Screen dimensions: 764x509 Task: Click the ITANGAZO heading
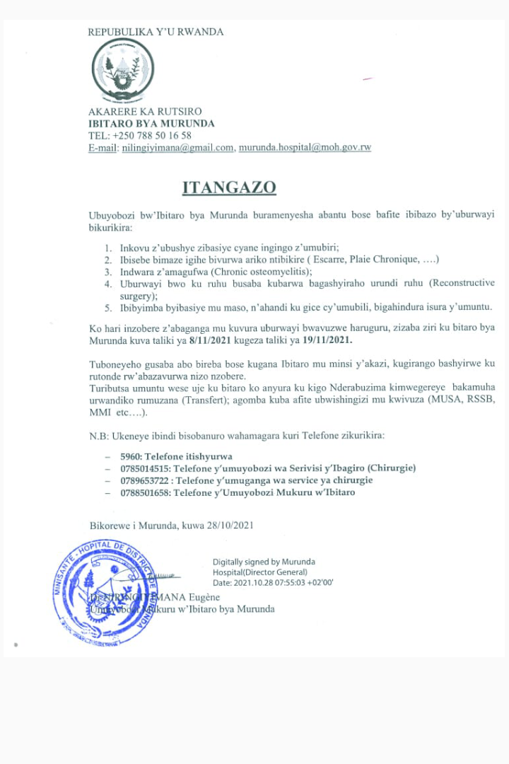[x=229, y=187]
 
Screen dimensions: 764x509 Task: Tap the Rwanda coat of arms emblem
[x=123, y=70]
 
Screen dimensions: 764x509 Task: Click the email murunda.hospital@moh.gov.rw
[x=305, y=147]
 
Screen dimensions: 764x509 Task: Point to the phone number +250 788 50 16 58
[x=150, y=135]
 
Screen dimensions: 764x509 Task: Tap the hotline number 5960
[x=130, y=456]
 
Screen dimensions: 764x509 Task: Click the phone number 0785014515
[x=144, y=468]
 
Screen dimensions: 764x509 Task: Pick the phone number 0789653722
[x=144, y=480]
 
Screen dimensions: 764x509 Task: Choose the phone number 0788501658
[x=144, y=492]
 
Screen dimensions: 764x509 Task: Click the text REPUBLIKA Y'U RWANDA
[x=156, y=32]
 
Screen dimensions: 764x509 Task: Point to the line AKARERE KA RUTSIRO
[x=145, y=112]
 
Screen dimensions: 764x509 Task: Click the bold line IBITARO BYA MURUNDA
[x=151, y=123]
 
